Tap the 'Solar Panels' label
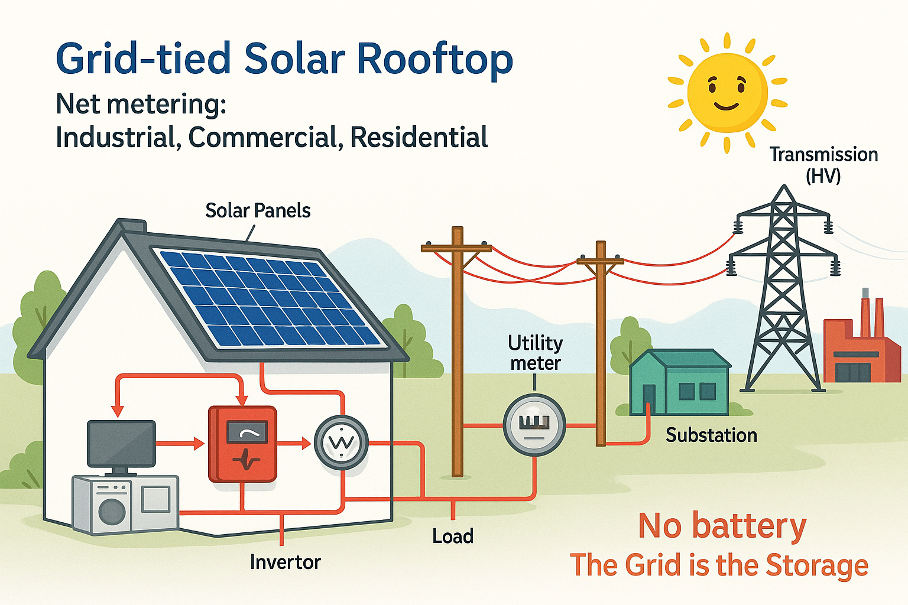[258, 211]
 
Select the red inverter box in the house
[242, 444]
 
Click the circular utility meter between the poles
[534, 425]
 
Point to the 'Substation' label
[711, 435]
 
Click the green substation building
[680, 382]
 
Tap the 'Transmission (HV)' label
[823, 165]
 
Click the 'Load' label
[453, 536]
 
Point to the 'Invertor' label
[286, 562]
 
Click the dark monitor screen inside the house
[121, 443]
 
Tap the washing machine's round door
[112, 511]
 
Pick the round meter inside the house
[341, 443]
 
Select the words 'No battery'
[722, 526]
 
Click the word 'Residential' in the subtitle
[419, 137]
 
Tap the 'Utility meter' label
[535, 353]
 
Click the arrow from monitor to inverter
[180, 443]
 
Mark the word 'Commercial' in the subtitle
[262, 138]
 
